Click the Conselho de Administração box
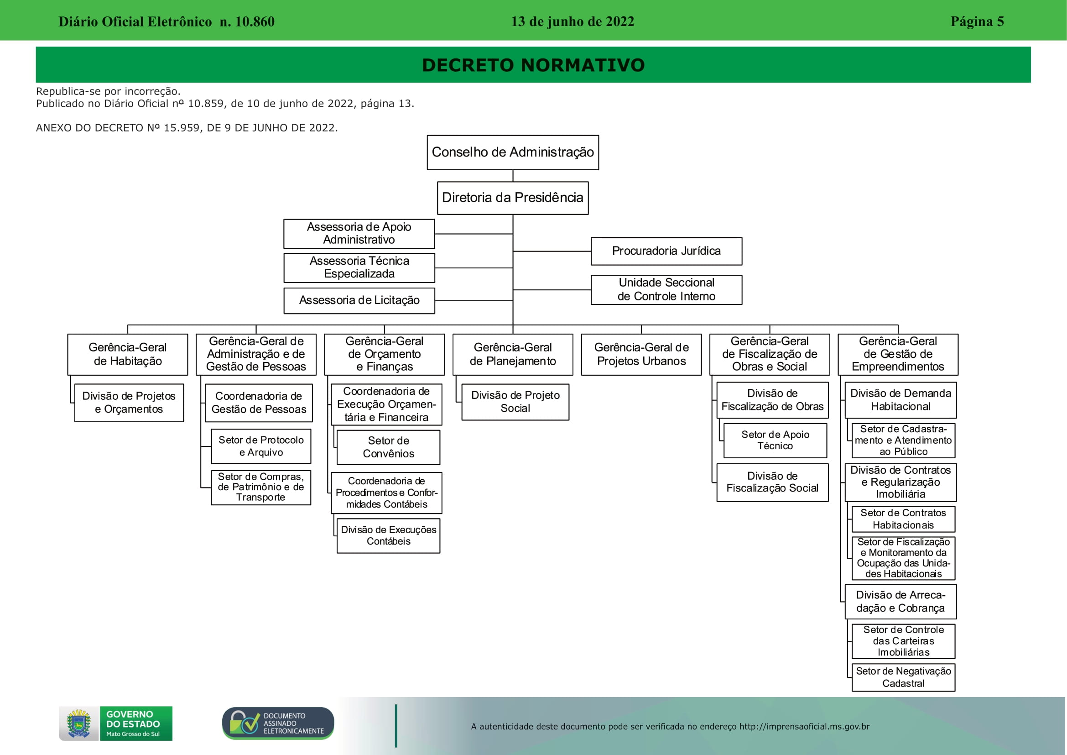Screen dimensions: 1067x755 pyautogui.click(x=513, y=152)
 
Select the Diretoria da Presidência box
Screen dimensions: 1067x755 pyautogui.click(x=513, y=198)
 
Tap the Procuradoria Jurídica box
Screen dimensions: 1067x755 pyautogui.click(x=666, y=251)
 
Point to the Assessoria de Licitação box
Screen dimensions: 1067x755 pyautogui.click(x=359, y=301)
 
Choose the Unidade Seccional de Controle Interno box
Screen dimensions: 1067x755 pyautogui.click(x=666, y=290)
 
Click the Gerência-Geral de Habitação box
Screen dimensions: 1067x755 pyautogui.click(x=128, y=354)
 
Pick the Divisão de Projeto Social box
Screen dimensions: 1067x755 pyautogui.click(x=515, y=402)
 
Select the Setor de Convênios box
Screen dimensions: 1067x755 pyautogui.click(x=389, y=447)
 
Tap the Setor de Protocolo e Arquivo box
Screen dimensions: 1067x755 pyautogui.click(x=261, y=446)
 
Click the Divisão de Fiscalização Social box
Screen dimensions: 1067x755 pyautogui.click(x=772, y=482)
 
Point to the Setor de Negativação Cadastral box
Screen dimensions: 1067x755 pyautogui.click(x=903, y=677)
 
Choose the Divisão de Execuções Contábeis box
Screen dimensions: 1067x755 pyautogui.click(x=389, y=535)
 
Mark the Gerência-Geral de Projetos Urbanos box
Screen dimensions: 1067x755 pyautogui.click(x=641, y=354)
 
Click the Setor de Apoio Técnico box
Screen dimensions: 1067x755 pyautogui.click(x=775, y=440)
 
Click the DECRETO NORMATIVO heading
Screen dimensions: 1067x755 pyautogui.click(x=534, y=65)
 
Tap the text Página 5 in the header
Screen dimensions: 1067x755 pyautogui.click(x=977, y=21)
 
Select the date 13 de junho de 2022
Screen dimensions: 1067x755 pyautogui.click(x=573, y=21)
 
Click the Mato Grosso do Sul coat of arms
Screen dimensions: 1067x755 pyautogui.click(x=79, y=724)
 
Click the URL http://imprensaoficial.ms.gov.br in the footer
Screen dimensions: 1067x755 pyautogui.click(x=804, y=727)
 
